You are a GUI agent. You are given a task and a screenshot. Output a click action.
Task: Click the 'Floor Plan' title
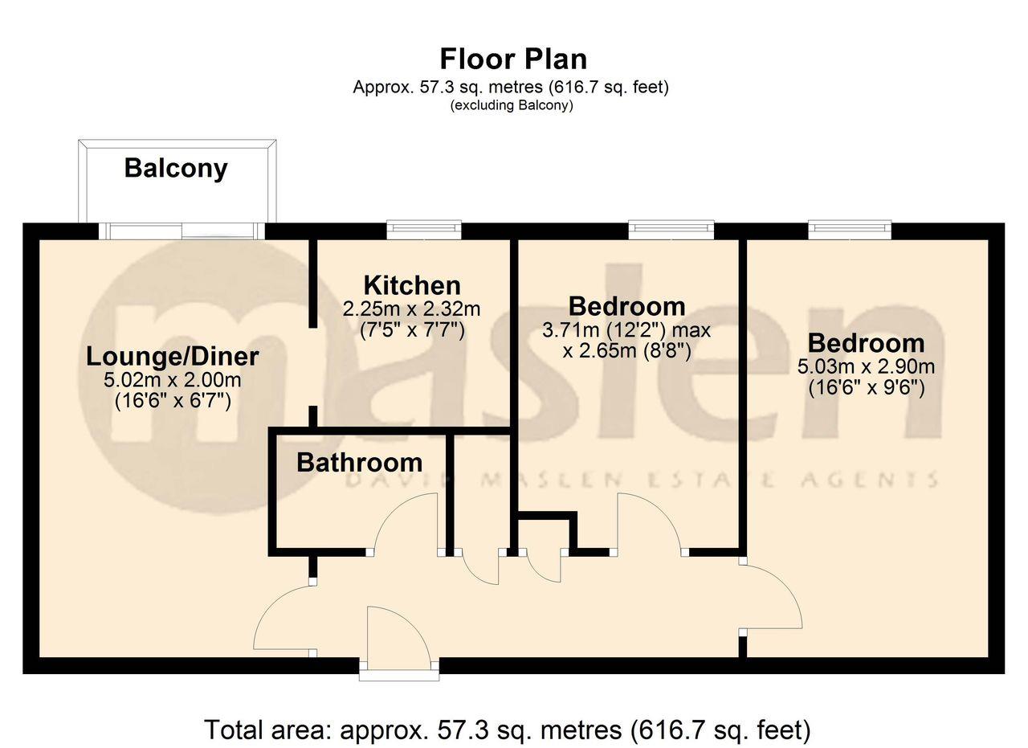click(x=513, y=59)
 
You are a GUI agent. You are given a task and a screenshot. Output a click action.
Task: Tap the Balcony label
click(x=176, y=168)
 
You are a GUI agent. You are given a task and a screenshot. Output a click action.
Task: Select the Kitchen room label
click(x=412, y=285)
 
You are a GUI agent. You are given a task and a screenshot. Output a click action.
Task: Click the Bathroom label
click(x=359, y=462)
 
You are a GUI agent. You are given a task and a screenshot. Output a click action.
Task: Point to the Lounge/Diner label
click(x=173, y=356)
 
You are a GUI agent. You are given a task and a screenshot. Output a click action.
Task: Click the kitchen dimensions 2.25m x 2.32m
click(x=412, y=309)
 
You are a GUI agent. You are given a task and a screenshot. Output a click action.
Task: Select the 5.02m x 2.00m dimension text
click(x=173, y=379)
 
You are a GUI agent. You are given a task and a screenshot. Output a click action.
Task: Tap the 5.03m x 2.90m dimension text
click(x=866, y=367)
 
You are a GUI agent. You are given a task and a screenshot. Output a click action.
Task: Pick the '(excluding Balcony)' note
click(x=512, y=105)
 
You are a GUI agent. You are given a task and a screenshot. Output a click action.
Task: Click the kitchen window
click(x=424, y=231)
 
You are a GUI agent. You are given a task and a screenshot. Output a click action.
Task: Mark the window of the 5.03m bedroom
click(x=850, y=230)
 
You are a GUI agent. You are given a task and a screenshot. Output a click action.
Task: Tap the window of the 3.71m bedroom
click(x=671, y=231)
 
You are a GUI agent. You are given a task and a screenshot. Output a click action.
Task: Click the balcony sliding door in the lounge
click(x=183, y=231)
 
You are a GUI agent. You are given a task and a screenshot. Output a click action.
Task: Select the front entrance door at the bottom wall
click(x=399, y=666)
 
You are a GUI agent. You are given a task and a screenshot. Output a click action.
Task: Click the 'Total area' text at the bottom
click(x=507, y=730)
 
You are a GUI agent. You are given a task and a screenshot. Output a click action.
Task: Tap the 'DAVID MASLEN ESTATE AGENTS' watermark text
click(x=642, y=480)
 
